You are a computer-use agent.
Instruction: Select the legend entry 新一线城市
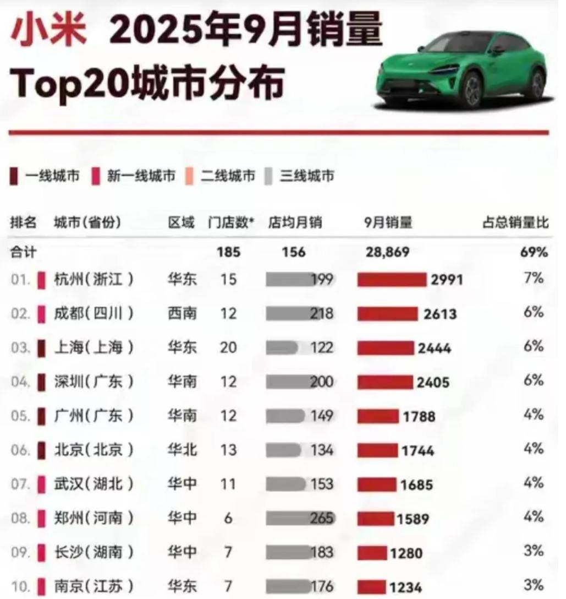point(141,176)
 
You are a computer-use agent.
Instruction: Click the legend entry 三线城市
point(307,176)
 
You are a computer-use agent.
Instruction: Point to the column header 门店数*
point(231,223)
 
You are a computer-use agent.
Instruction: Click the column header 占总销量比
point(515,223)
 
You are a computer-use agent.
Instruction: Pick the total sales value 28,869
point(387,252)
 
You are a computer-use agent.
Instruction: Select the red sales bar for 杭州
point(392,280)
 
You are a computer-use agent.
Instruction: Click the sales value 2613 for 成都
point(440,314)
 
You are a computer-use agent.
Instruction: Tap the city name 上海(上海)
point(94,348)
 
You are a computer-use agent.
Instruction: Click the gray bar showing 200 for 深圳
point(300,382)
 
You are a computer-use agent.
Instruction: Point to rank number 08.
point(20,518)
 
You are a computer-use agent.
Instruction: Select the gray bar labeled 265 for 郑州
point(300,518)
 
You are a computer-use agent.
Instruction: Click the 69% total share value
point(534,252)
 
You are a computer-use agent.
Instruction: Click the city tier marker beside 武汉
point(41,484)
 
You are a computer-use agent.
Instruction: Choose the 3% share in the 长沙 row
point(534,551)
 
